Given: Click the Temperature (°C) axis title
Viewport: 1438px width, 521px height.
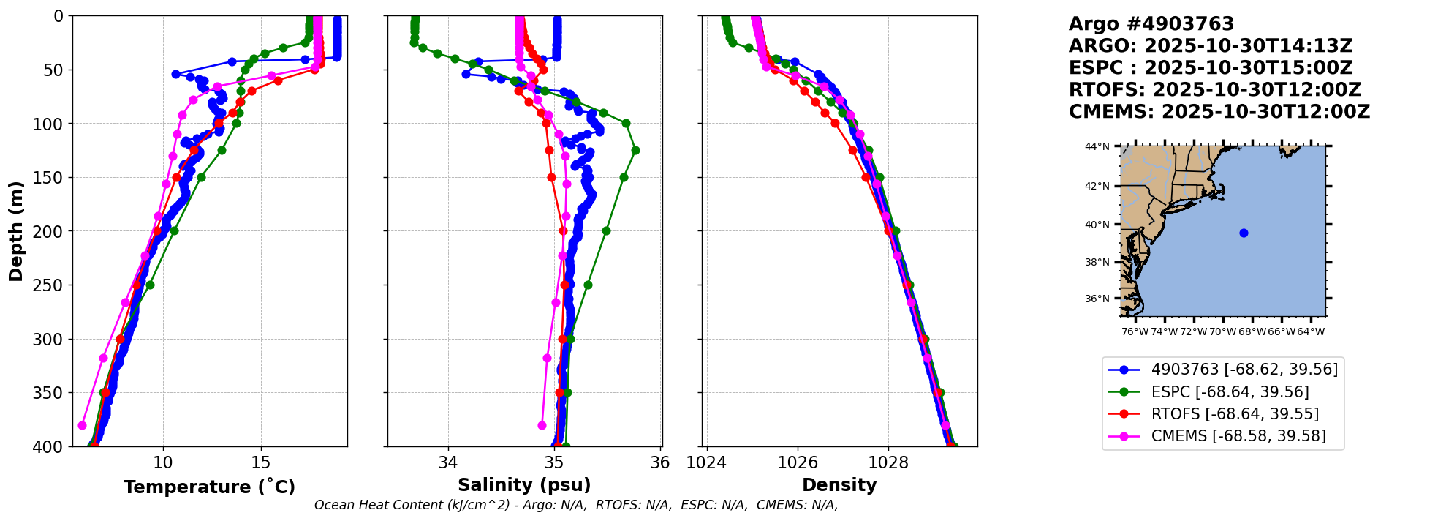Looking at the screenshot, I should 209,487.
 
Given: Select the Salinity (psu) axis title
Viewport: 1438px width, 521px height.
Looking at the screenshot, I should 524,484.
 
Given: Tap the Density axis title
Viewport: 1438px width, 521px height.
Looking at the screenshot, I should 839,484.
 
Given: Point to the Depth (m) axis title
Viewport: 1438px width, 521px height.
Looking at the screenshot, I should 15,231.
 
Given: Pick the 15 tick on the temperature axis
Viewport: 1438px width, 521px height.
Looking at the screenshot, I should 261,462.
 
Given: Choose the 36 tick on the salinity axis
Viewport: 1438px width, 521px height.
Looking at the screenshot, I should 659,462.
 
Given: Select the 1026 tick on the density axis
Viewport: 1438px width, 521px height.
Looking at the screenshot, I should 797,462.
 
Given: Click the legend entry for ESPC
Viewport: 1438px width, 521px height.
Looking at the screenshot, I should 1230,392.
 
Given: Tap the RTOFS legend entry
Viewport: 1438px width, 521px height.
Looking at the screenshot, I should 1235,414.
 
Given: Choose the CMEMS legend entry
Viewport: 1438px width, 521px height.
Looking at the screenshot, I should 1238,436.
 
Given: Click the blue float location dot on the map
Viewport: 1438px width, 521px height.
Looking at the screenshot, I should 1244,233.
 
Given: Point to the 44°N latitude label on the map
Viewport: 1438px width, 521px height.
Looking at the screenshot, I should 1097,146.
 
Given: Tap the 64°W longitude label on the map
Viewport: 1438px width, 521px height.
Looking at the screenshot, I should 1311,331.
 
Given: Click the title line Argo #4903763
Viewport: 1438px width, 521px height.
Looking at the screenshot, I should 1151,24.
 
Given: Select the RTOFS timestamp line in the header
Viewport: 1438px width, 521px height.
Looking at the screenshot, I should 1214,90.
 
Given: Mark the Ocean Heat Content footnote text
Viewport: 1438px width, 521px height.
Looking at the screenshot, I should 575,505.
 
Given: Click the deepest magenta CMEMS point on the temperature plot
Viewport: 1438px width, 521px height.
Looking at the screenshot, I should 82,425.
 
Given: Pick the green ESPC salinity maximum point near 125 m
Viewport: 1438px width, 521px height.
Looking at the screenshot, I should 635,150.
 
